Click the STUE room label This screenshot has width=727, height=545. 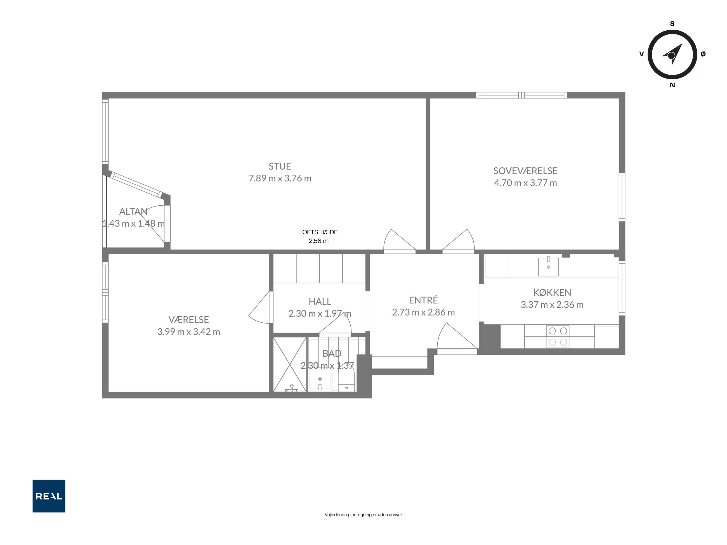280,166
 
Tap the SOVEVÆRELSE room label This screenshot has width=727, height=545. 525,171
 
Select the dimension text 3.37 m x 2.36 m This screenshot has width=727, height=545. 552,305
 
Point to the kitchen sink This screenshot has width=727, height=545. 548,267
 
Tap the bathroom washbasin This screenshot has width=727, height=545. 320,380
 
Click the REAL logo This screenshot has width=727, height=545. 49,496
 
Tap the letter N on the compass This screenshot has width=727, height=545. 672,85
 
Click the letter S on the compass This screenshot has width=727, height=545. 672,24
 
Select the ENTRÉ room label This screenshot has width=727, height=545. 423,300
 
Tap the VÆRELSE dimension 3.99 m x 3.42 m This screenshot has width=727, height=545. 189,332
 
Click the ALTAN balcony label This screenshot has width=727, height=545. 133,211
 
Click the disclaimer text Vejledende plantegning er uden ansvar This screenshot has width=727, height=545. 363,515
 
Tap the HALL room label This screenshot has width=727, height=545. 320,301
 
